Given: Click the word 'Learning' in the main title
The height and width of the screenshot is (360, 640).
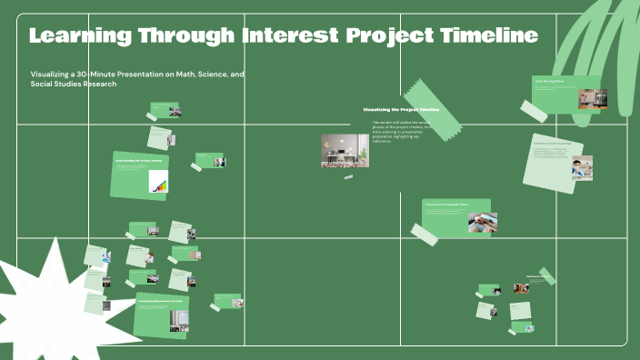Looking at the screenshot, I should click(x=80, y=36).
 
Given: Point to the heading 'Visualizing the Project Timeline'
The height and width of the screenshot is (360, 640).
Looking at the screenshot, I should click(x=401, y=109).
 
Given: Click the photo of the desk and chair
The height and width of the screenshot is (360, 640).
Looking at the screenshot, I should click(x=345, y=150).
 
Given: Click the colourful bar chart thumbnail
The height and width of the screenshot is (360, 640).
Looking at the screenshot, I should click(x=160, y=185).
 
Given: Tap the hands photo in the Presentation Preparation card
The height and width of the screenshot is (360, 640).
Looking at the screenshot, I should click(x=483, y=222).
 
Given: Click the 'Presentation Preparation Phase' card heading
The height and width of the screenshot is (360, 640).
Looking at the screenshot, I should click(x=447, y=205).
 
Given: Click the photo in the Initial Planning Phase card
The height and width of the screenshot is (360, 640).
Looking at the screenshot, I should click(x=592, y=97).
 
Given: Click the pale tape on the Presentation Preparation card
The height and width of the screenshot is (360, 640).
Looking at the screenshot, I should click(x=425, y=233).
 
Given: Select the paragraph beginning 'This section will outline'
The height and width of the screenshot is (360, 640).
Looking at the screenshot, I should click(x=400, y=131).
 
